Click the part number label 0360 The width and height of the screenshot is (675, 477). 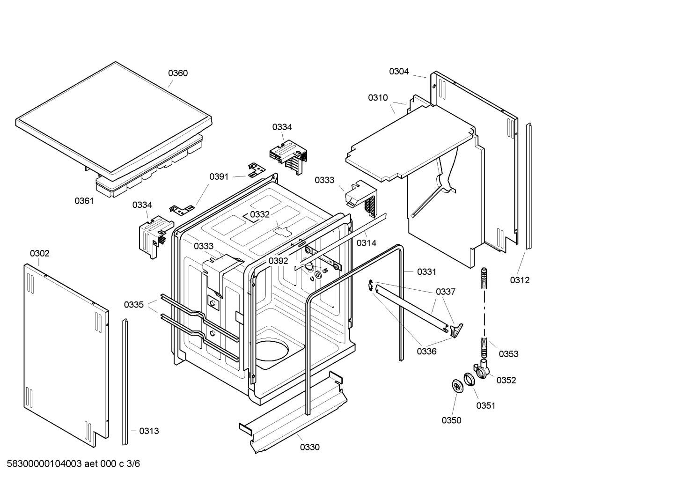[178, 73]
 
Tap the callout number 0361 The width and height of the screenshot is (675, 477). [84, 201]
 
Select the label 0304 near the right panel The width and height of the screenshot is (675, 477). [399, 72]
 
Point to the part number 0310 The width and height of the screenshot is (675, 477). [378, 98]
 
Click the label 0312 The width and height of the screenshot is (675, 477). [520, 280]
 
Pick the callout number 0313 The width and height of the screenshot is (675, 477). [149, 431]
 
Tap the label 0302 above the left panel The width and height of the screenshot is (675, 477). [39, 253]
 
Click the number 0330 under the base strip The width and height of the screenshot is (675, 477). [310, 447]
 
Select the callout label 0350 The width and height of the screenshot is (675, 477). [451, 420]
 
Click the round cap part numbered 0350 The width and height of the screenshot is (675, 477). [457, 386]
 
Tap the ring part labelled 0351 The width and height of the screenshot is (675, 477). [469, 379]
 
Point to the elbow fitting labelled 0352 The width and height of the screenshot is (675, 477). [481, 369]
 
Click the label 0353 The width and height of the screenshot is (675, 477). [509, 354]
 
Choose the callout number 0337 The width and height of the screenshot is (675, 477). [446, 292]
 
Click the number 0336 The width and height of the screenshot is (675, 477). [427, 352]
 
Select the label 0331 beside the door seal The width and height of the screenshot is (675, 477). [427, 272]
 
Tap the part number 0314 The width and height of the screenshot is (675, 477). [367, 243]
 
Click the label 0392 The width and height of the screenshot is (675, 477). [279, 261]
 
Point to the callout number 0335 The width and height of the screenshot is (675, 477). [134, 305]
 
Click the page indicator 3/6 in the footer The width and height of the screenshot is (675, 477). [133, 464]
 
